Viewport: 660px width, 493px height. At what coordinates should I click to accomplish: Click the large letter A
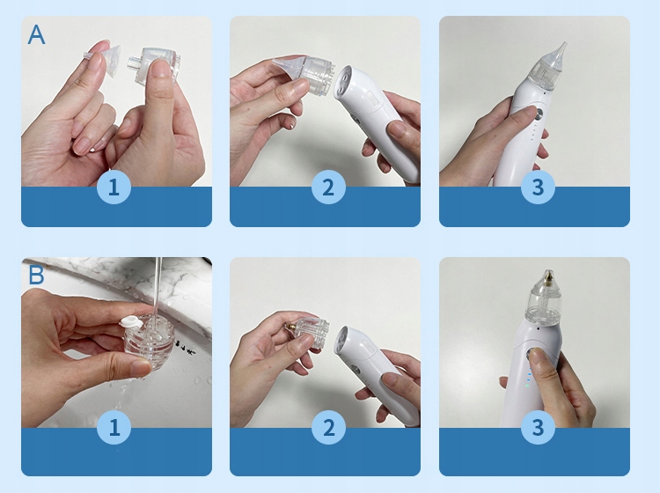[x=36, y=34]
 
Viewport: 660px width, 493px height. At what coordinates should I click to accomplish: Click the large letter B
[x=36, y=276]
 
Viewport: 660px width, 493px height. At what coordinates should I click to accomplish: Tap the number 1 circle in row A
[x=114, y=188]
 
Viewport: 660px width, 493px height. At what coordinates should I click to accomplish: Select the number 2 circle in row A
[x=328, y=188]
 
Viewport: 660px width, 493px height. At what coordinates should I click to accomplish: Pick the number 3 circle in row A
[x=538, y=188]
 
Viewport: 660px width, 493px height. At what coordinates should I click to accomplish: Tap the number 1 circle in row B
[x=114, y=428]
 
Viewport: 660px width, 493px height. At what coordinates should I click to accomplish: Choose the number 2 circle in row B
[x=328, y=428]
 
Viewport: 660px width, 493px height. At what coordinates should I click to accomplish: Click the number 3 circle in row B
[x=538, y=428]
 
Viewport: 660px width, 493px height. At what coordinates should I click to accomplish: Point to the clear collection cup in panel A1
[x=152, y=64]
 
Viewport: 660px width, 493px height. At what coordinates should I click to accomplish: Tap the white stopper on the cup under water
[x=131, y=321]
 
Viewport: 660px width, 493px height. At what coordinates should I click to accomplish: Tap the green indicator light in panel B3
[x=526, y=385]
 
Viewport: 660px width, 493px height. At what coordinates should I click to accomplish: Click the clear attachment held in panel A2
[x=303, y=74]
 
